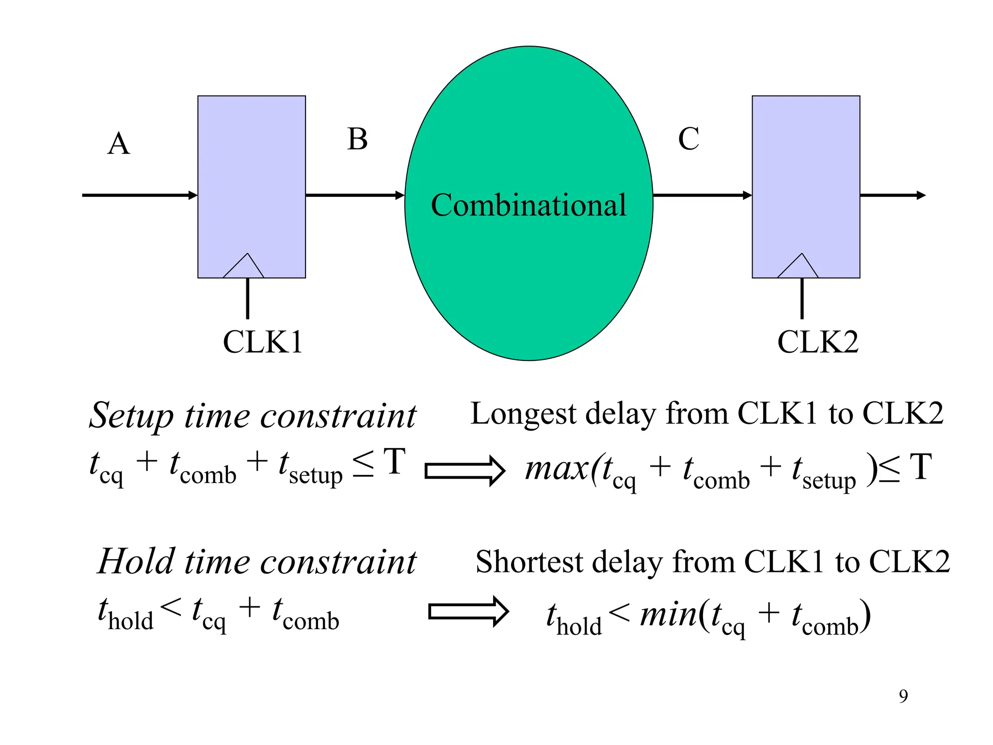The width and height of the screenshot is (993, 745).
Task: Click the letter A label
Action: (x=119, y=144)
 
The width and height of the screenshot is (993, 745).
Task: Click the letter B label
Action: (x=357, y=140)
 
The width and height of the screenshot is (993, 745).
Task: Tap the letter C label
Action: (x=689, y=139)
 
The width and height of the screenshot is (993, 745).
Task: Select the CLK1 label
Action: (x=262, y=342)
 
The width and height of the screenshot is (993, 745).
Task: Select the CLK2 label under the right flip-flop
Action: (x=817, y=342)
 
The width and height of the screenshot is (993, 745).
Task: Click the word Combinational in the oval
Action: (x=529, y=205)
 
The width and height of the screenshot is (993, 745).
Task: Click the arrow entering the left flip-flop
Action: (x=141, y=195)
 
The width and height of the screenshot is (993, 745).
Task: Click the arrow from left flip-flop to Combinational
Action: (x=355, y=195)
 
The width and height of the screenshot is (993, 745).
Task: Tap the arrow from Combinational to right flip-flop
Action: (x=702, y=195)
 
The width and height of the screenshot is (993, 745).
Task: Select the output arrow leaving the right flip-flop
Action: (x=892, y=195)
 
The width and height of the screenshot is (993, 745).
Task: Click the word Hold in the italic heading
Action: (x=136, y=562)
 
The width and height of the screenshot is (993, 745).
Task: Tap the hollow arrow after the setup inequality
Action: (x=464, y=471)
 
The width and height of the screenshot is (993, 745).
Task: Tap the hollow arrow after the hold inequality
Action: (x=468, y=612)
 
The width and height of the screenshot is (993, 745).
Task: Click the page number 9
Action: (x=903, y=696)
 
